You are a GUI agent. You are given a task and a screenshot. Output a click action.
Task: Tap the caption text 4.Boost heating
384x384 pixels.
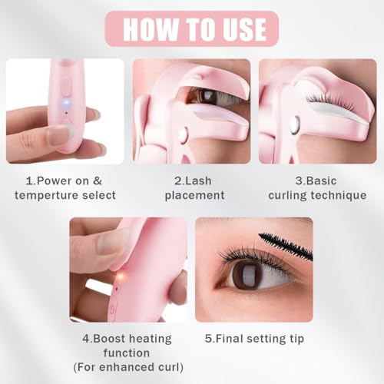pos(127,338)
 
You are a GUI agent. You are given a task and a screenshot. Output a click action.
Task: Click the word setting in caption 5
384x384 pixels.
pos(271,338)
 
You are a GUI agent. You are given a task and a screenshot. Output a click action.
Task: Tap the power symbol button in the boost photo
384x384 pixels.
pos(113,310)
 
